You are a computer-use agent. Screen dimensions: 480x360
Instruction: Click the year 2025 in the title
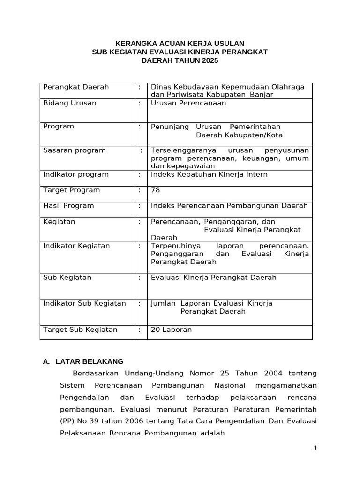click(x=209, y=61)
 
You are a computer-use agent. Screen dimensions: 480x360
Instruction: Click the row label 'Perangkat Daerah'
click(x=76, y=87)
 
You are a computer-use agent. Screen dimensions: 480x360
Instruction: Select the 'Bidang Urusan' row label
click(x=70, y=103)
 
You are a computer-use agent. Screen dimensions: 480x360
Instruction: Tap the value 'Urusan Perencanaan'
click(x=188, y=103)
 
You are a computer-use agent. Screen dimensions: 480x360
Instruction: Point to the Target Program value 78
click(x=156, y=190)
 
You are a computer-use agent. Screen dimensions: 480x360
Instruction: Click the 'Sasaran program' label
click(x=75, y=150)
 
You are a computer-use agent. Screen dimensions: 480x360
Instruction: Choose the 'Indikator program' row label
click(x=76, y=175)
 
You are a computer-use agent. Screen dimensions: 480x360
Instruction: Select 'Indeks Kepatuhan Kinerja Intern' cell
click(x=209, y=175)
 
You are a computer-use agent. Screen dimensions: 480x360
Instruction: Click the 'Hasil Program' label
click(x=68, y=206)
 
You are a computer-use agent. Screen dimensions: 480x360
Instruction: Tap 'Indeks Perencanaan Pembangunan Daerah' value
click(x=229, y=206)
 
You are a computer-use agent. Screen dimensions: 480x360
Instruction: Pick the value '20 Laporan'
click(x=172, y=330)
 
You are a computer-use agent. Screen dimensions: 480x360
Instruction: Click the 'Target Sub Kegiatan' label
click(x=80, y=330)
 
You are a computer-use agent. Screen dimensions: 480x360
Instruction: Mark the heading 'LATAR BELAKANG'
click(x=89, y=362)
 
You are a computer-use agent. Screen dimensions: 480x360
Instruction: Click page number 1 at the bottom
click(x=316, y=448)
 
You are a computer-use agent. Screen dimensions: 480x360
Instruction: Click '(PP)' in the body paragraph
click(x=67, y=421)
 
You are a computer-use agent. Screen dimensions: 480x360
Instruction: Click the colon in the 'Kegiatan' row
click(x=140, y=222)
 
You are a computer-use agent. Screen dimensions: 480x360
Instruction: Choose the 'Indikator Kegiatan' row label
click(x=76, y=246)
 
